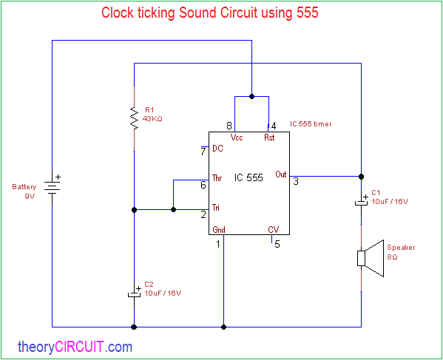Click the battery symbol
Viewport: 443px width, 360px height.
pyautogui.click(x=53, y=187)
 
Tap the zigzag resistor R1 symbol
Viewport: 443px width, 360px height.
pyautogui.click(x=134, y=118)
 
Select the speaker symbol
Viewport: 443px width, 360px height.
pyautogui.click(x=371, y=258)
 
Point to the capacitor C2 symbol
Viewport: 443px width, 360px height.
pyautogui.click(x=134, y=292)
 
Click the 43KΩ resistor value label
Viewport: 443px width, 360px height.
pyautogui.click(x=152, y=119)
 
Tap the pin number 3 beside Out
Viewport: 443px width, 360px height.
pyautogui.click(x=296, y=181)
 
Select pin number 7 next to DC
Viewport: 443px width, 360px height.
pyautogui.click(x=203, y=152)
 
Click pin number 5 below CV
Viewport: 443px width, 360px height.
pyautogui.click(x=277, y=244)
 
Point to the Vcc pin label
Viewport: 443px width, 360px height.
pyautogui.click(x=237, y=137)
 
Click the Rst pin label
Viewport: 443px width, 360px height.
pyautogui.click(x=269, y=137)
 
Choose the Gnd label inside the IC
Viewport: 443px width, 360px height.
pyautogui.click(x=219, y=230)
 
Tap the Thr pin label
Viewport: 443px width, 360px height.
pyautogui.click(x=217, y=178)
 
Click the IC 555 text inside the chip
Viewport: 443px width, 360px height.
pyautogui.click(x=248, y=177)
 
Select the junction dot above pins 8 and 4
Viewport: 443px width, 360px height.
pyautogui.click(x=251, y=96)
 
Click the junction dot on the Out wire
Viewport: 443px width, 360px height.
pyautogui.click(x=361, y=177)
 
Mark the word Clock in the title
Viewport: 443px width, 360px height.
pyautogui.click(x=118, y=13)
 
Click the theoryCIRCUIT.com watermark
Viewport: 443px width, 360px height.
pyautogui.click(x=75, y=347)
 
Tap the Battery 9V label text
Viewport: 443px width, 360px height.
pyautogui.click(x=24, y=191)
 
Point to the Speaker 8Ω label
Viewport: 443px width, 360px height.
pyautogui.click(x=401, y=252)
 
